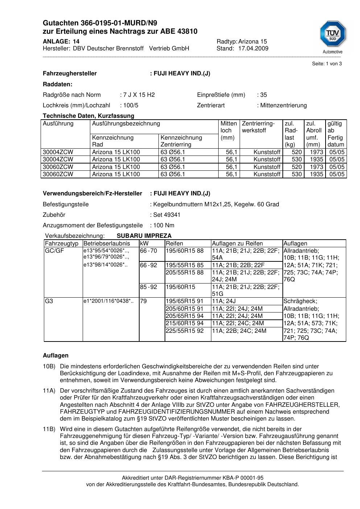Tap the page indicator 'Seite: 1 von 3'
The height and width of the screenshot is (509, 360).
tap(327, 64)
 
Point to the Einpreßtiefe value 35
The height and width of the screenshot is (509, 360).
tap(263, 95)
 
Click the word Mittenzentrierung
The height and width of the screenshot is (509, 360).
tap(283, 105)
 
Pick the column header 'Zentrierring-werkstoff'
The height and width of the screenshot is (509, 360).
tap(258, 127)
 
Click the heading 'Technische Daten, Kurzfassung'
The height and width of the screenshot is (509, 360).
tap(88, 116)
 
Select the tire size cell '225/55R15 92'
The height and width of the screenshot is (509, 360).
tap(185, 331)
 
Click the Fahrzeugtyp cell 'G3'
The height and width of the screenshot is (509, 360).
tap(49, 301)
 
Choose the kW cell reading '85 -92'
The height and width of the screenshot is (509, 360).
tap(149, 287)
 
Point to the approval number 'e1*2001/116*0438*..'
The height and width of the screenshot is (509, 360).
tap(108, 301)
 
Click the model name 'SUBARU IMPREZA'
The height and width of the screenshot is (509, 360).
tap(144, 236)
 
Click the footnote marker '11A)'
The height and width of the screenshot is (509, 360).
tap(49, 391)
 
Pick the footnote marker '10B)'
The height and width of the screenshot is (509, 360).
tap(49, 367)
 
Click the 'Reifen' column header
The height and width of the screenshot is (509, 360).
tap(174, 244)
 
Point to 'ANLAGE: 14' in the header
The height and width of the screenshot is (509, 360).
tap(61, 41)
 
